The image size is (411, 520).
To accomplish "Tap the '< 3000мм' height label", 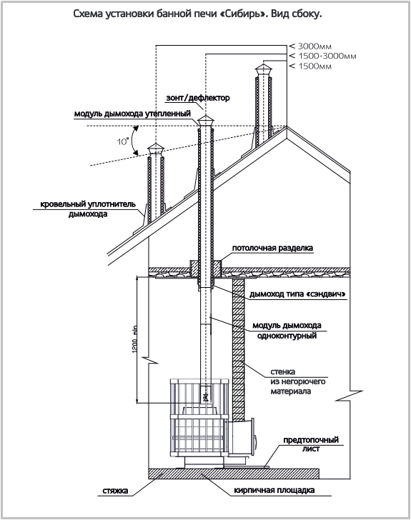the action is click(x=310, y=46).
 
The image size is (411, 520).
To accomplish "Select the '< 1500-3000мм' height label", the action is click(x=322, y=56).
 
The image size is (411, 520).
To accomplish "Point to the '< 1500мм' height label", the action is click(x=310, y=66).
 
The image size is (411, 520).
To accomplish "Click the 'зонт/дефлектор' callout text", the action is click(x=198, y=98).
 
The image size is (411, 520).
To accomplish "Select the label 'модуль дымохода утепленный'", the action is click(x=132, y=114).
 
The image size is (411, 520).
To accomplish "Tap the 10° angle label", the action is click(x=122, y=141).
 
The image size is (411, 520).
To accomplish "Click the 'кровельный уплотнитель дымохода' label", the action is click(x=88, y=209).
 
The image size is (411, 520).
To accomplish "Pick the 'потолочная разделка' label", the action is click(x=272, y=248).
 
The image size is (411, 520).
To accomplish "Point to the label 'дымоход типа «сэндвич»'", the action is click(x=298, y=294).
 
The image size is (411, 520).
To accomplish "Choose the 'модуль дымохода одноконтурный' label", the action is click(x=287, y=330).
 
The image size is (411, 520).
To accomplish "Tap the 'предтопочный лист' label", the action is click(x=311, y=444).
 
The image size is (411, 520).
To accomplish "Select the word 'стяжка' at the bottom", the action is click(x=116, y=491).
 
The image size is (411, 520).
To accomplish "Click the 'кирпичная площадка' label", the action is click(x=274, y=490).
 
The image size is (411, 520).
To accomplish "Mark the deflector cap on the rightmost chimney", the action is click(x=263, y=71).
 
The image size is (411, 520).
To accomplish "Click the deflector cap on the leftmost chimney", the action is click(x=155, y=150).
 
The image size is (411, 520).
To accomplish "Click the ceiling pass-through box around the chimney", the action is click(x=206, y=269).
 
